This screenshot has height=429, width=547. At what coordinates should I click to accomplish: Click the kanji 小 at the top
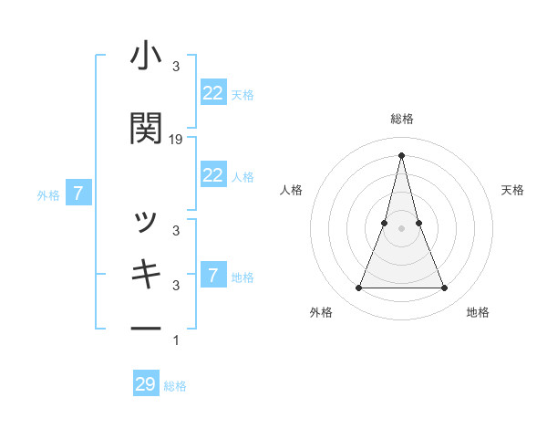(147, 58)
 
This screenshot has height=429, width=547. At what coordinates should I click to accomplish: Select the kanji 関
(147, 128)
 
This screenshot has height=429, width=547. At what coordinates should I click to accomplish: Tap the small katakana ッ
(147, 222)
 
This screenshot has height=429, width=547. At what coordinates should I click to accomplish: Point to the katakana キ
(147, 275)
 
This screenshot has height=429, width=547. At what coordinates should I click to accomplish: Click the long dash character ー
(147, 328)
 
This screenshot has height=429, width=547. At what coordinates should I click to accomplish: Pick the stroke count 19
(176, 140)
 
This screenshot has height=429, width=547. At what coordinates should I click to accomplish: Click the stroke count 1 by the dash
(176, 340)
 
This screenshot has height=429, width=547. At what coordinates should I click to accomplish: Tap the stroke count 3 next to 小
(176, 67)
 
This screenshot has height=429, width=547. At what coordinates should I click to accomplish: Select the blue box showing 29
(146, 384)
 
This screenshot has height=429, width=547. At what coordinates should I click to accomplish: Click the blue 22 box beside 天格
(212, 93)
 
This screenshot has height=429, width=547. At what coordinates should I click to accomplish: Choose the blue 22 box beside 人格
(212, 175)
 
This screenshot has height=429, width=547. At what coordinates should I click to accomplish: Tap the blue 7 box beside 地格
(212, 276)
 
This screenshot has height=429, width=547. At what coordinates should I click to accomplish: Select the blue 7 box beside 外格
(79, 194)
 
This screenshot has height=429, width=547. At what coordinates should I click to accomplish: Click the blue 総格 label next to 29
(175, 386)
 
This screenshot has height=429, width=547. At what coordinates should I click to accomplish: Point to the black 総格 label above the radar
(401, 119)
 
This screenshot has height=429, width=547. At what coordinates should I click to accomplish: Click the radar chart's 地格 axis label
(478, 312)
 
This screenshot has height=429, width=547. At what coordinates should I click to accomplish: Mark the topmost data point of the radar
(401, 155)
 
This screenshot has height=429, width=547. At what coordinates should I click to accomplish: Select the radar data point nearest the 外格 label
(359, 288)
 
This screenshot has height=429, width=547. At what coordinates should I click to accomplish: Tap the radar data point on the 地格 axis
(444, 288)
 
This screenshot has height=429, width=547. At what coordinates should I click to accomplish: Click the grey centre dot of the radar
(401, 228)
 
